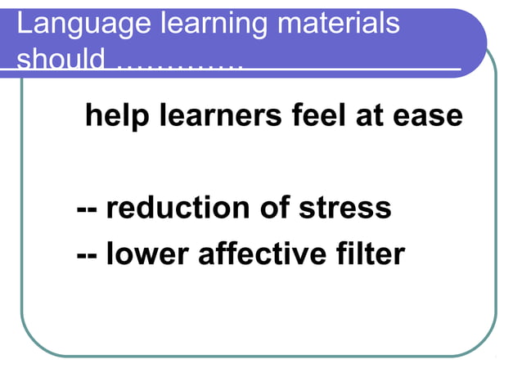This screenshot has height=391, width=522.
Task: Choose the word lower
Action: [147, 254]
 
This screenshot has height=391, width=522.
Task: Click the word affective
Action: [263, 254]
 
